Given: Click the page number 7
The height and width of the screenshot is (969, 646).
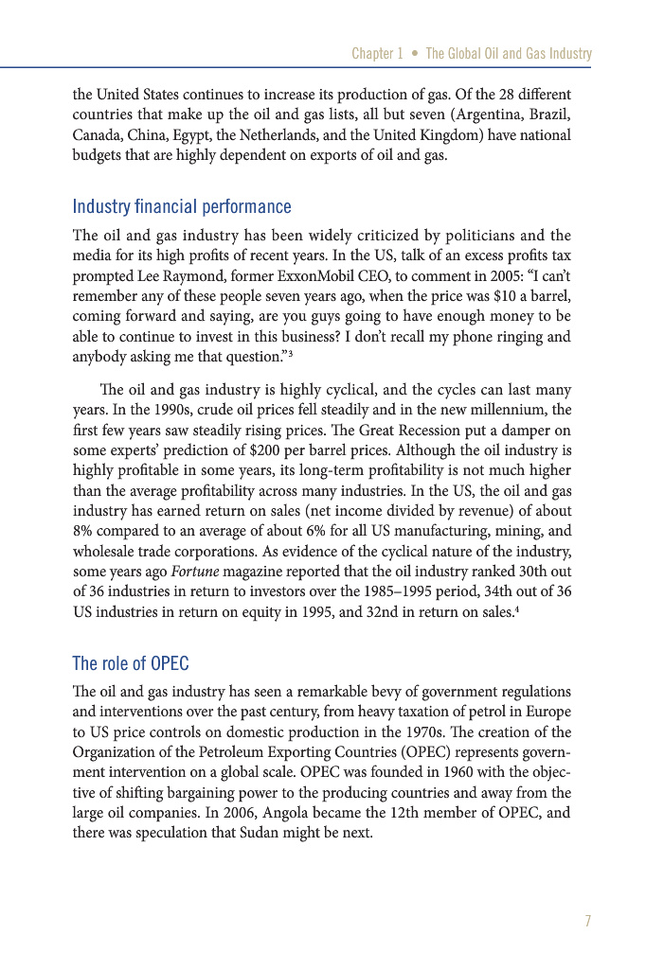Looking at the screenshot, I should (587, 921).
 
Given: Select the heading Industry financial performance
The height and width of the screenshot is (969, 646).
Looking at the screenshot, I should (182, 206).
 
